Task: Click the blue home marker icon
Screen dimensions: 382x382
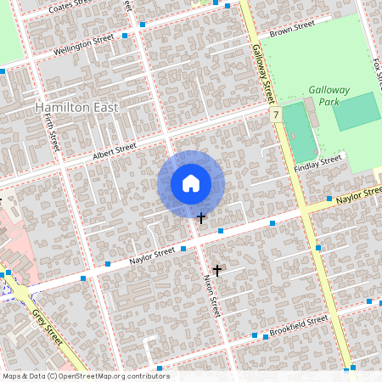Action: click(x=191, y=183)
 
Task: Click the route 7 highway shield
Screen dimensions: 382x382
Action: click(x=276, y=114)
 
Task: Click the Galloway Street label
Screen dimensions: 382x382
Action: click(x=264, y=73)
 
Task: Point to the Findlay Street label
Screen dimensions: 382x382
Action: click(x=317, y=163)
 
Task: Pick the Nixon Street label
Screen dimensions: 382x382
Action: click(x=211, y=296)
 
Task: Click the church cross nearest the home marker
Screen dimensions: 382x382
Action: click(x=201, y=218)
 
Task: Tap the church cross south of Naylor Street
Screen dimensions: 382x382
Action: click(x=217, y=271)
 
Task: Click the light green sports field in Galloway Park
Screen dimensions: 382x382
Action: click(x=356, y=111)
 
